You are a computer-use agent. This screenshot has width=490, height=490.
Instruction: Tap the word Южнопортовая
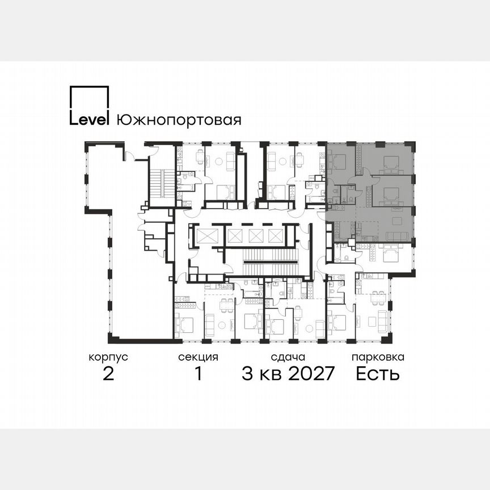pos(179,120)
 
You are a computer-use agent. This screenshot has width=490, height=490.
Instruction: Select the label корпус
pos(108,357)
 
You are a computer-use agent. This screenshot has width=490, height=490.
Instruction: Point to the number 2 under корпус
pos(108,374)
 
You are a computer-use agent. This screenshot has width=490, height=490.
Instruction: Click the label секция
pos(198,357)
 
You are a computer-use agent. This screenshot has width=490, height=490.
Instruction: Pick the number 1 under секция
pos(198,374)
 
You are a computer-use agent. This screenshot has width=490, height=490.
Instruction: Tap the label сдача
pos(288,357)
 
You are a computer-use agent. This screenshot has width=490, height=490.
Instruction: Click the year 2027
pos(306,374)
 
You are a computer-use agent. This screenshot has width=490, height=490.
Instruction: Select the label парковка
pos(378,357)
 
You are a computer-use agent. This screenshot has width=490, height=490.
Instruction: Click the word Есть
pos(378,374)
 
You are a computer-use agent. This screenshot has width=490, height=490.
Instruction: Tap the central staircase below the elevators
pos(269,261)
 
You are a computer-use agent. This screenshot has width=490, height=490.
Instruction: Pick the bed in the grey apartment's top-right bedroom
pos(390,164)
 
